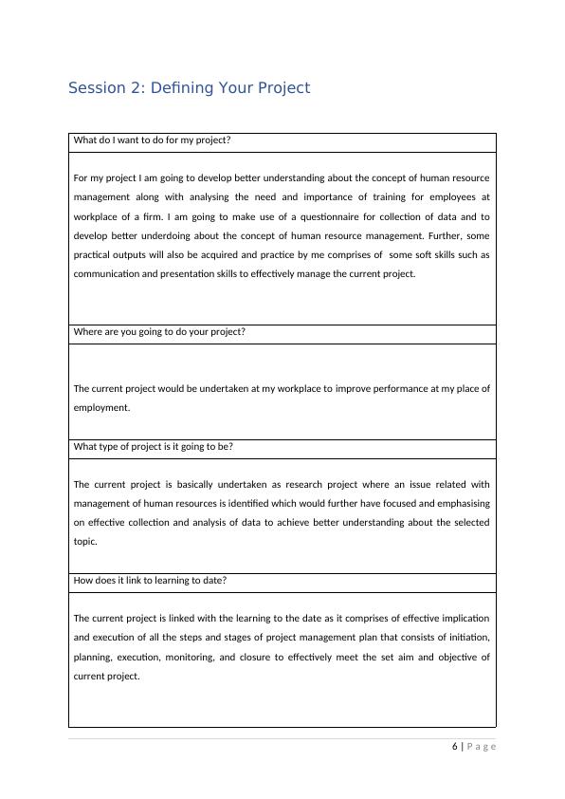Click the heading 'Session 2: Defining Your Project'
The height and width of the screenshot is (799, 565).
point(189,88)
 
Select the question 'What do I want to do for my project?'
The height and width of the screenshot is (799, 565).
point(152,140)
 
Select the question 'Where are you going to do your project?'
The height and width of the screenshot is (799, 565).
point(158,332)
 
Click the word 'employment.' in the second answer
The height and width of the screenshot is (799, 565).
point(101,407)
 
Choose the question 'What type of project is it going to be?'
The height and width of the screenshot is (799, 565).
point(153,446)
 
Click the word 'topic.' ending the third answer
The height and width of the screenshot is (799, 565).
point(85,542)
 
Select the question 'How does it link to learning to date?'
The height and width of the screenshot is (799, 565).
point(150,580)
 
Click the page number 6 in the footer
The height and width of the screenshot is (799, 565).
point(454,746)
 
